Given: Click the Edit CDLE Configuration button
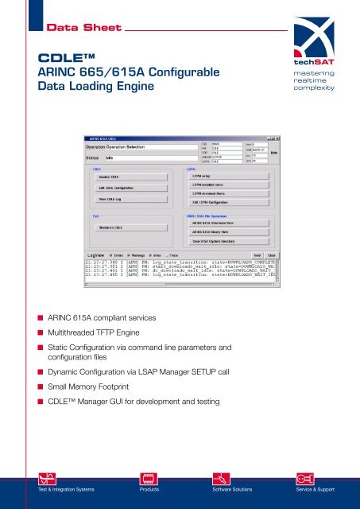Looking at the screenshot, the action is (x=122, y=188).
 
